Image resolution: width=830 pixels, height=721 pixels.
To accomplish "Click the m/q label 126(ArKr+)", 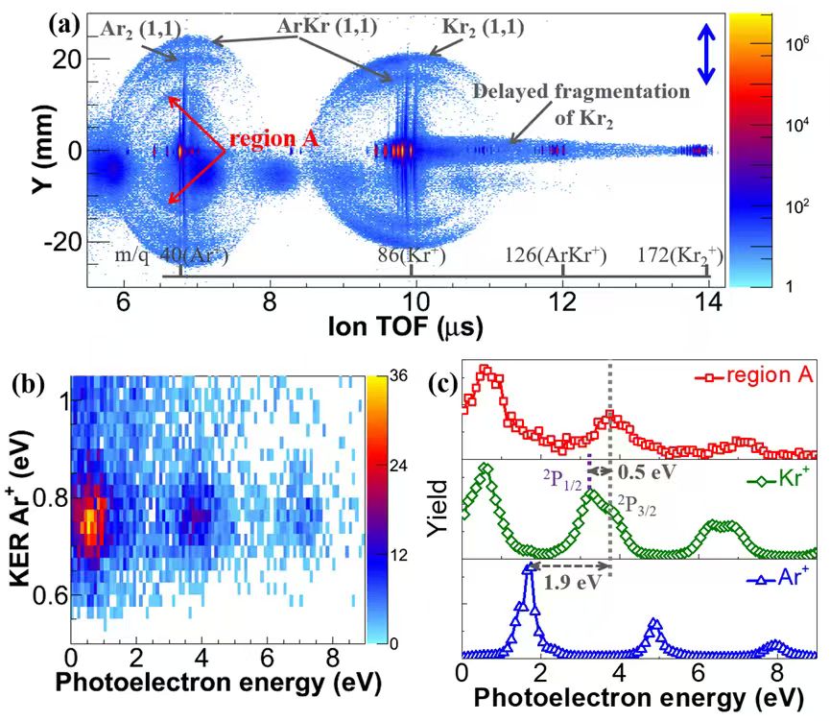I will tap(561, 256).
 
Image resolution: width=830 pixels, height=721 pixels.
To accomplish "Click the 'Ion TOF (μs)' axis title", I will tap(402, 325).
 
